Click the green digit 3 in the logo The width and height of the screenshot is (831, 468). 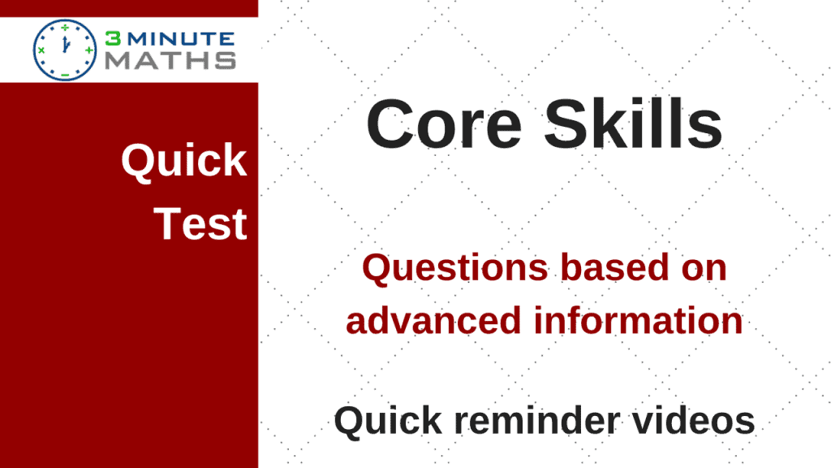pyautogui.click(x=113, y=39)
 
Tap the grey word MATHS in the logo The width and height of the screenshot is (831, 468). pyautogui.click(x=170, y=60)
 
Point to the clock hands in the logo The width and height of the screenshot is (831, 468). pyautogui.click(x=66, y=44)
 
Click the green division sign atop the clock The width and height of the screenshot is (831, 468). pyautogui.click(x=65, y=27)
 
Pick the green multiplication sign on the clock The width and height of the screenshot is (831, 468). pyautogui.click(x=41, y=50)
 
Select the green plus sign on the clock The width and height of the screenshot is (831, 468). pyautogui.click(x=88, y=50)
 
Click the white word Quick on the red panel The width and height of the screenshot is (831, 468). pyautogui.click(x=184, y=160)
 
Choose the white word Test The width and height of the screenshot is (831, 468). pyautogui.click(x=200, y=223)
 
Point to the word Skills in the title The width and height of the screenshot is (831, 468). pyautogui.click(x=633, y=123)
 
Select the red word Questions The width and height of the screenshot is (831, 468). pyautogui.click(x=454, y=268)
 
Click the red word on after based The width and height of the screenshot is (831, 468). pyautogui.click(x=704, y=268)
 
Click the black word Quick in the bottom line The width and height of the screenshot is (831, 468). pyautogui.click(x=388, y=421)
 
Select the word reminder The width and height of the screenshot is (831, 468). pyautogui.click(x=538, y=420)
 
